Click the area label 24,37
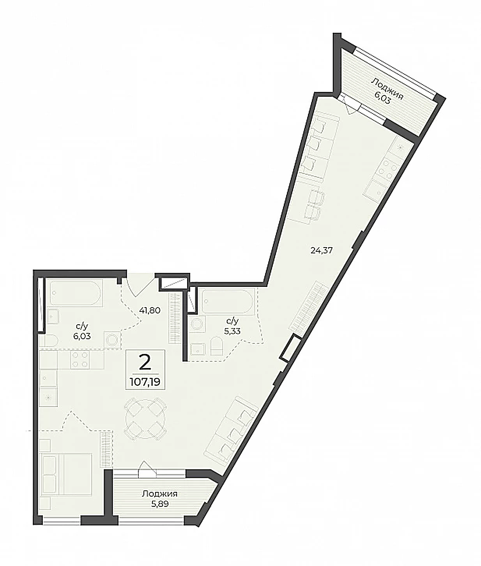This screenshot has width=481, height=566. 322,250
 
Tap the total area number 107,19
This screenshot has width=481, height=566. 145,382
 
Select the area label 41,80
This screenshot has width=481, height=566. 149,310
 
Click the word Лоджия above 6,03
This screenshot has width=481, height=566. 387,89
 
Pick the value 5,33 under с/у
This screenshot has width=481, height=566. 232,331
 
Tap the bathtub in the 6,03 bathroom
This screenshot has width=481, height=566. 76,293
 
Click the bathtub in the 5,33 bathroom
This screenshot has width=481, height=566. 228,301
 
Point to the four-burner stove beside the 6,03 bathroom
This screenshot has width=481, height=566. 80,360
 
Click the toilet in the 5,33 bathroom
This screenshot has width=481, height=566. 217,346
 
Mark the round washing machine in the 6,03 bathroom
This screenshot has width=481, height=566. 112,340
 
